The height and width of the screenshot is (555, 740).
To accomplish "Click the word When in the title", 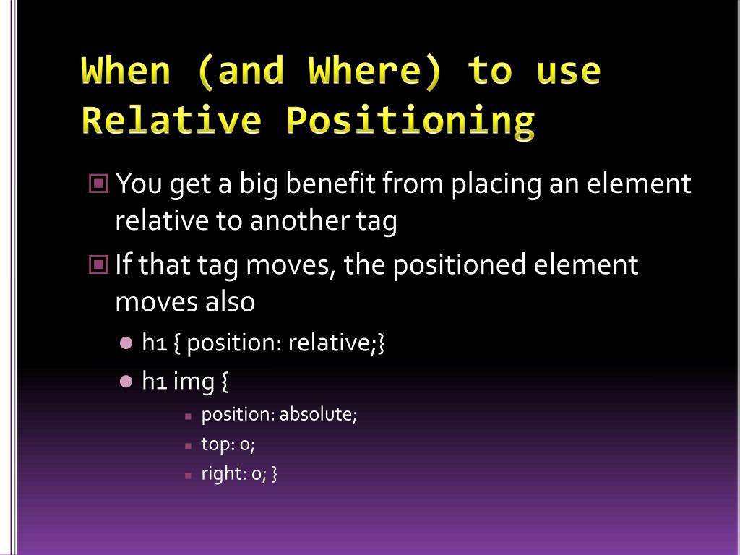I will pyautogui.click(x=127, y=72).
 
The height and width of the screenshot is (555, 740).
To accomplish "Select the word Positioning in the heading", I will pyautogui.click(x=411, y=120).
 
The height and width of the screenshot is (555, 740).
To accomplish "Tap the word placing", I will pyautogui.click(x=496, y=185).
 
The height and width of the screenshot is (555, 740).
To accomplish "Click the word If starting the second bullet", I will pyautogui.click(x=123, y=264).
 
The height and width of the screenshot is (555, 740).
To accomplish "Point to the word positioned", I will pyautogui.click(x=459, y=266).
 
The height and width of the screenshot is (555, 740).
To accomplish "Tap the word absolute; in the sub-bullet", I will pyautogui.click(x=318, y=415).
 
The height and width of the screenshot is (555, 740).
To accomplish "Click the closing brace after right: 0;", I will pyautogui.click(x=275, y=474).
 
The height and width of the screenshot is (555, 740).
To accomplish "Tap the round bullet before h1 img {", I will pyautogui.click(x=126, y=380).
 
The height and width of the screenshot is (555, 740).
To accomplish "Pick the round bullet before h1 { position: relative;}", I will pyautogui.click(x=126, y=343).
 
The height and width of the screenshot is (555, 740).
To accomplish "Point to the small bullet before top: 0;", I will pyautogui.click(x=188, y=446).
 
